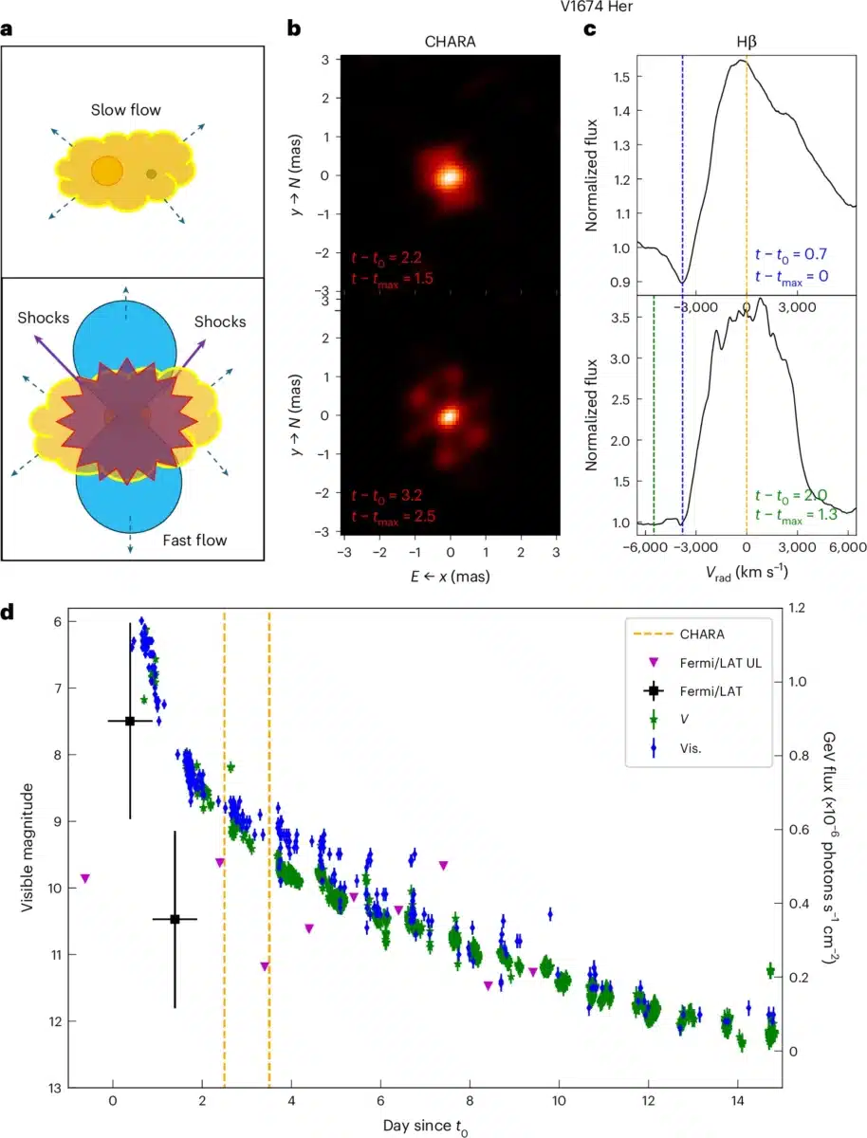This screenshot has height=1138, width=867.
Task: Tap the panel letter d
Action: tap(9, 612)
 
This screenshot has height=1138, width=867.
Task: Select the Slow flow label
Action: tap(132, 110)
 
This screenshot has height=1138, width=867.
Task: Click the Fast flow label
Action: tap(194, 541)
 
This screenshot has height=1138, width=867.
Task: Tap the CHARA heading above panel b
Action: tap(450, 42)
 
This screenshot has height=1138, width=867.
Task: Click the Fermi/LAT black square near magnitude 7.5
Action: tap(130, 721)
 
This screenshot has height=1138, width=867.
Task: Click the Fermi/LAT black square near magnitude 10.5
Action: tap(175, 919)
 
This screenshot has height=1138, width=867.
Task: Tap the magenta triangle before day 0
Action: tap(85, 879)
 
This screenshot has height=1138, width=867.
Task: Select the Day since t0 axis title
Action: tap(425, 1126)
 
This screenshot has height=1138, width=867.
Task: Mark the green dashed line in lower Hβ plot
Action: tap(655, 408)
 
